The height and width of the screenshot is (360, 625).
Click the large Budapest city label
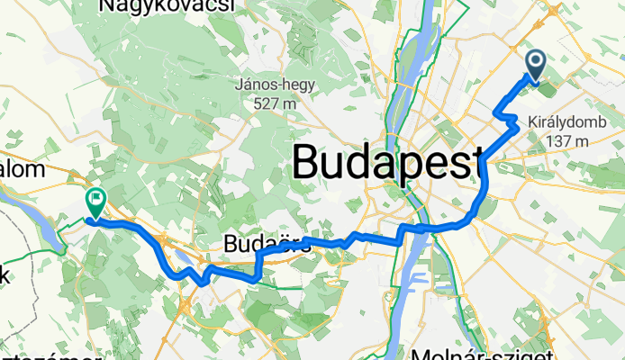point(387,164)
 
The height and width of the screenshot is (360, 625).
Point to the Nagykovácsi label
point(168,7)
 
